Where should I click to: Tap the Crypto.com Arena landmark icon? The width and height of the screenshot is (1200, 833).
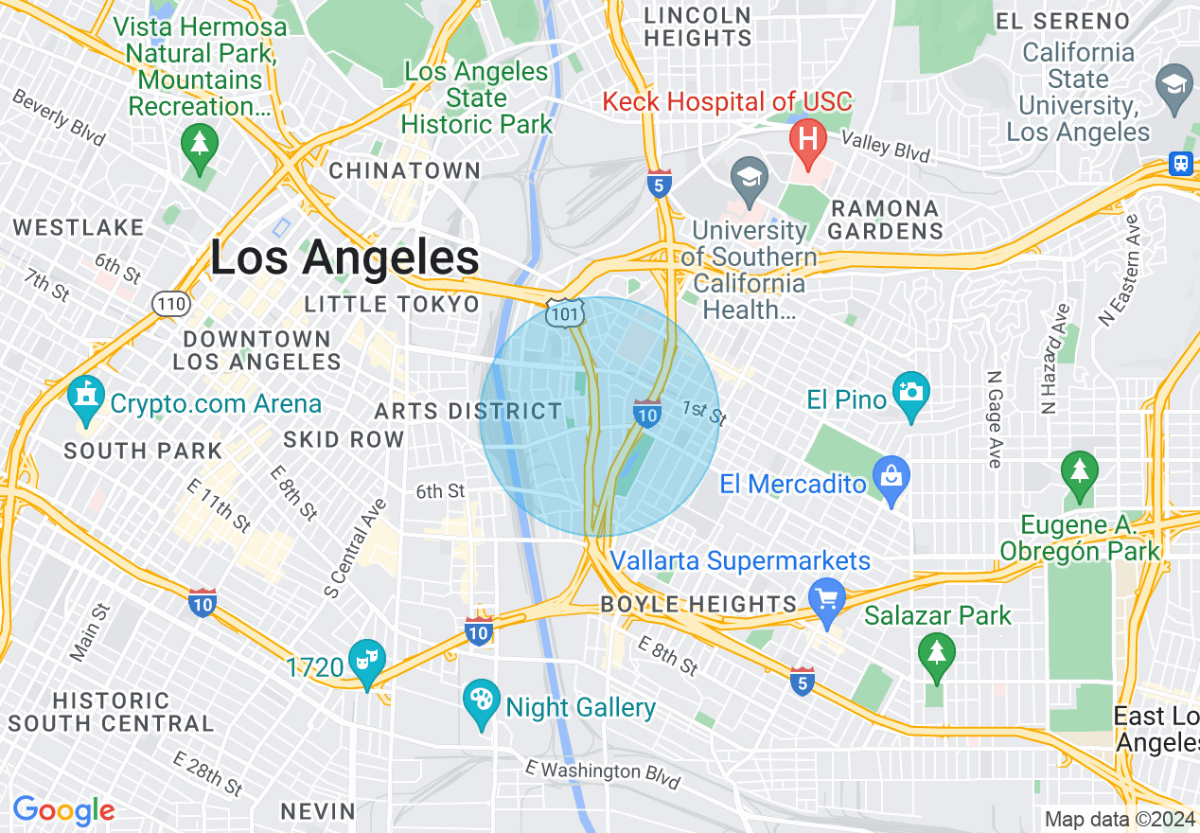pos(86,400)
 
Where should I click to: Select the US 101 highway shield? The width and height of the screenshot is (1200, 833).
pos(565,313)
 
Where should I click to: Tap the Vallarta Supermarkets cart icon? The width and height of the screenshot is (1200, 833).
pos(828,600)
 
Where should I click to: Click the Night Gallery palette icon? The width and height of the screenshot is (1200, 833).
pos(482,703)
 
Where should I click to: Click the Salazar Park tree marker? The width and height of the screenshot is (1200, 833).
pos(936,652)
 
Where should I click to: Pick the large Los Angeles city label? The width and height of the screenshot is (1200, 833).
pos(344,257)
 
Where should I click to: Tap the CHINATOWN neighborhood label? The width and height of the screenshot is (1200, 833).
pos(404,171)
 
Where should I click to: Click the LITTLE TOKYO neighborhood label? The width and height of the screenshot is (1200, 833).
pos(392,304)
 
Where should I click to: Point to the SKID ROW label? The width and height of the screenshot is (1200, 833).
pos(344,439)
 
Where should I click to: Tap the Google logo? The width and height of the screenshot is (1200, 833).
pos(63,810)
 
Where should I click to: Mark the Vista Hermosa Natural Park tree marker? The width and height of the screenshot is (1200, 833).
pos(199,145)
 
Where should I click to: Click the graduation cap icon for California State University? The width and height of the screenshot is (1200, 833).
pos(1174,84)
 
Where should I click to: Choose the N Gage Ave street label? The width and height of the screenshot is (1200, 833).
pos(992,417)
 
